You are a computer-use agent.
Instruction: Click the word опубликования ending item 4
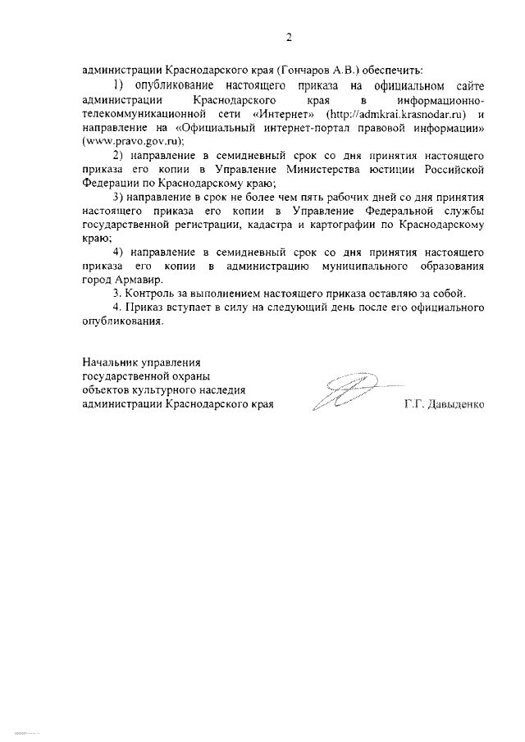point(122,322)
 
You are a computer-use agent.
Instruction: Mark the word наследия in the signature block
point(221,390)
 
